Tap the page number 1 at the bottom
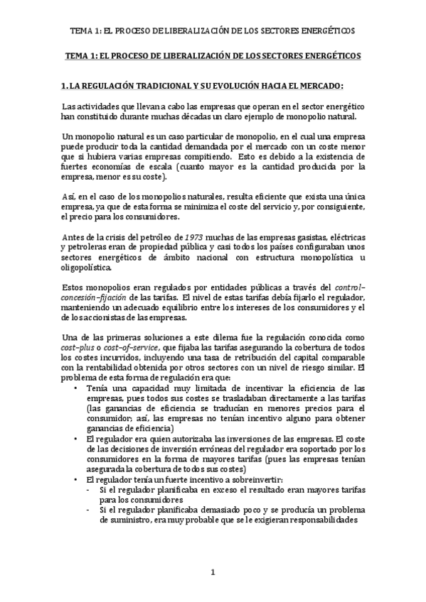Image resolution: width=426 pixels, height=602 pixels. (x=213, y=572)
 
